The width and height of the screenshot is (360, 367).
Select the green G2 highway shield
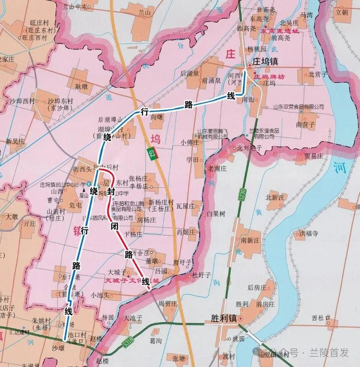[x=152, y=154]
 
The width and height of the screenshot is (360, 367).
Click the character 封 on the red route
[x=111, y=191]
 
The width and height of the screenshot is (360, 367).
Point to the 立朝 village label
[x=342, y=12]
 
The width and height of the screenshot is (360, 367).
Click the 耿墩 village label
[x=81, y=87]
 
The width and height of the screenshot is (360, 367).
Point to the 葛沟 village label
[x=156, y=340]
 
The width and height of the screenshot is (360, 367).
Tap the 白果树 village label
[x=216, y=214]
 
